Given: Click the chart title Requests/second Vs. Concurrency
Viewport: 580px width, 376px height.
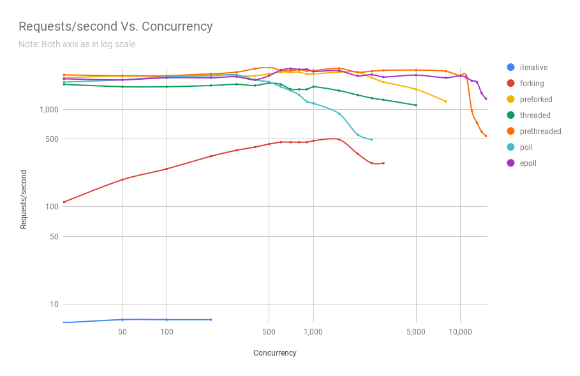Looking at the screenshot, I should click(x=115, y=26).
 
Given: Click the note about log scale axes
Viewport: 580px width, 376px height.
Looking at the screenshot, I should click(x=77, y=44).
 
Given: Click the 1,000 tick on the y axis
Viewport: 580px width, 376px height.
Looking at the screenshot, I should click(x=49, y=109).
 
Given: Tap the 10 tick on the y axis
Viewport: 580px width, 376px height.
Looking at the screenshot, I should click(x=54, y=304).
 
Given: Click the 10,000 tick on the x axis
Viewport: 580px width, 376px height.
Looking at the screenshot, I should click(x=460, y=332).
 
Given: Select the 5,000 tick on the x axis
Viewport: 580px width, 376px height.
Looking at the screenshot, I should click(x=416, y=332).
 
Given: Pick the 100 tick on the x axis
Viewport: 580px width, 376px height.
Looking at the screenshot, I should click(x=167, y=332).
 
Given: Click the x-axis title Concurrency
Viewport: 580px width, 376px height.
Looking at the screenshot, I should click(x=274, y=352).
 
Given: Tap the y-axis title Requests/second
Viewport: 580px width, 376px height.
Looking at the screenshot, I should click(x=24, y=199).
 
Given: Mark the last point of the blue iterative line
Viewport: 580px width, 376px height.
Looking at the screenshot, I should click(x=211, y=319).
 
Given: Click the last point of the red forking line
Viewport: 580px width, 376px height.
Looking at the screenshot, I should click(x=383, y=163).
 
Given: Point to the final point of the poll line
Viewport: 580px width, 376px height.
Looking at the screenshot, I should click(x=372, y=139).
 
